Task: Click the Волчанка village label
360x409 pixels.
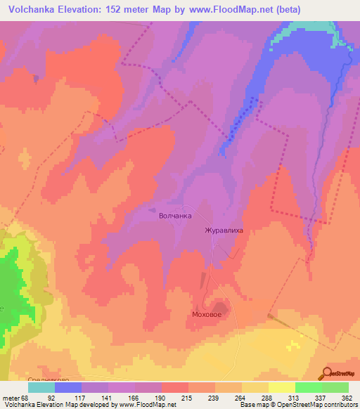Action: pos(175,216)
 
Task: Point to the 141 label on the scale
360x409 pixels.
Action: pos(108,398)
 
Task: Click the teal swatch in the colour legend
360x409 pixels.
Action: pos(41,387)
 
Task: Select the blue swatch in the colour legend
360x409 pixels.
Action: pos(68,387)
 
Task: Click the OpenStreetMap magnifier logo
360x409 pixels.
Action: pos(326,373)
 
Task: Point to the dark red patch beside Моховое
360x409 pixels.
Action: pos(221,309)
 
